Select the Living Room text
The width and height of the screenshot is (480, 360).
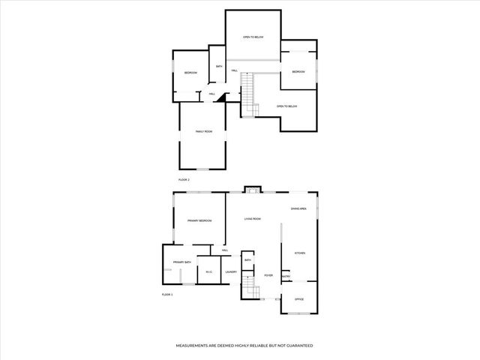252,219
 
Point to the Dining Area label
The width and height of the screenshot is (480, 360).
298,208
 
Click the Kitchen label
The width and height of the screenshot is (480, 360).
299,253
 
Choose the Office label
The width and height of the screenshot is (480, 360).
298,299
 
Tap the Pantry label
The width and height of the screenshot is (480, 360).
286,277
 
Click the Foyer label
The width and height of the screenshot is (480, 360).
268,275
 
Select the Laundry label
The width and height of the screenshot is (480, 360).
231,272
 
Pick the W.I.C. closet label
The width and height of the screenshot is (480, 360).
209,272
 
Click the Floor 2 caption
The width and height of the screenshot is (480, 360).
184,181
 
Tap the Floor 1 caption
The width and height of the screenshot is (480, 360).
167,295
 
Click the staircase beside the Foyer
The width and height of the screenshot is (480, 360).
247,287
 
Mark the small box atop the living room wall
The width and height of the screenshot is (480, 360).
253,189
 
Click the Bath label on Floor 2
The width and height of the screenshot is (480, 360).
219,67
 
